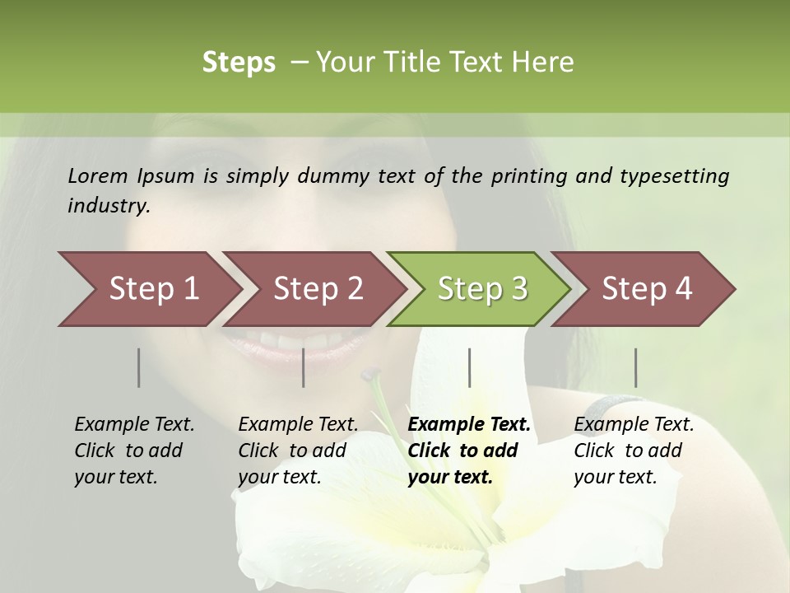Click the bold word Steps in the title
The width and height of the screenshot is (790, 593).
pos(239,62)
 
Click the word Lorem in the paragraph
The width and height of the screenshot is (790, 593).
pos(97,175)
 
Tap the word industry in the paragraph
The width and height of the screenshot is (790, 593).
pos(108,206)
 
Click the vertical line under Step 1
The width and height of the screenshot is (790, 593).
pos(139,367)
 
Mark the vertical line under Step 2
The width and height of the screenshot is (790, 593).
pos(304,367)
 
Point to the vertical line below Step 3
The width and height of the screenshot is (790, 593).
pos(469,367)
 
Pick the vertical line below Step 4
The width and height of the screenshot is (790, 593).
pos(635,367)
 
